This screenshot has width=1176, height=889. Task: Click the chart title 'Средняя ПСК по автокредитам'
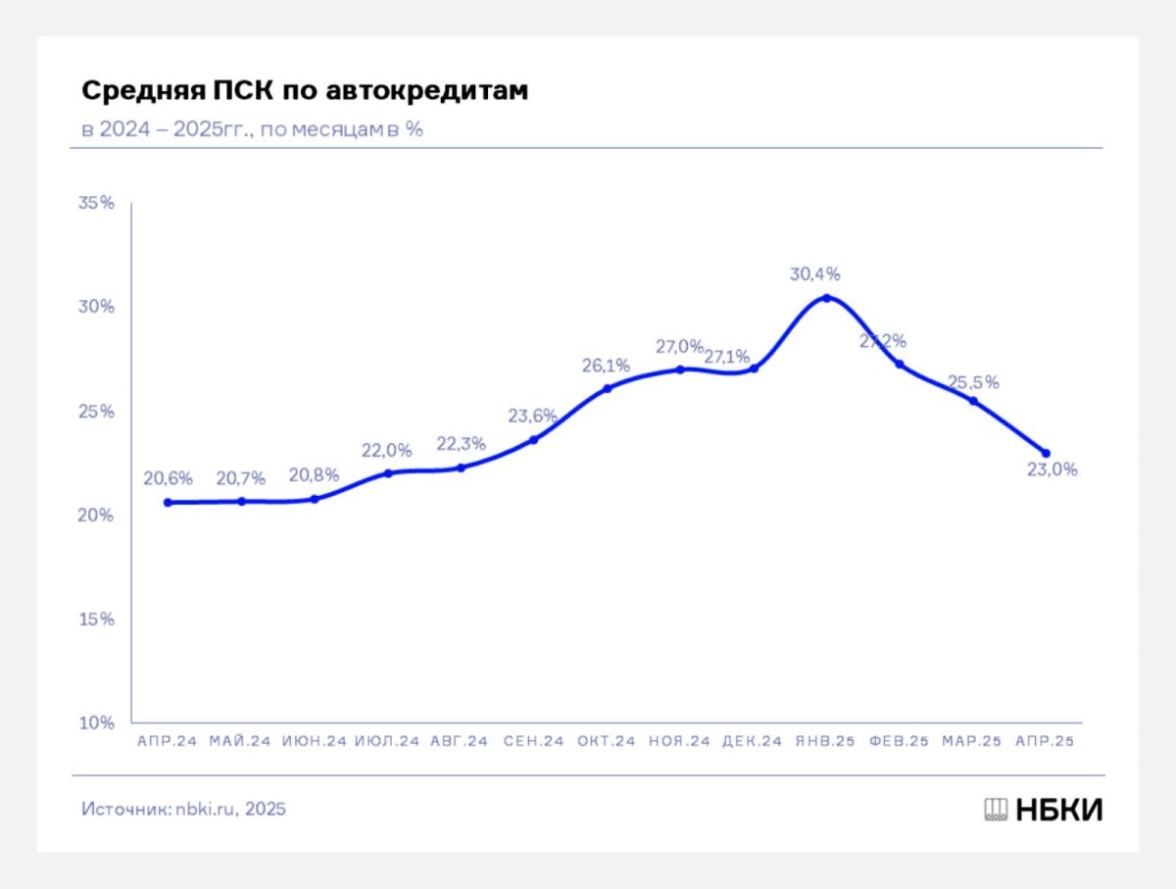[x=304, y=91]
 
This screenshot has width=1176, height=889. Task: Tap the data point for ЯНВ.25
[x=826, y=297]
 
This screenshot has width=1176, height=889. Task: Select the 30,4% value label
[x=815, y=273]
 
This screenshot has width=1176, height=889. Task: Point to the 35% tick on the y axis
[x=97, y=203]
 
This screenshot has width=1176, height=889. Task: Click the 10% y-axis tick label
[x=97, y=723]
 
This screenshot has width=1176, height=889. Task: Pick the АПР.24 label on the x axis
[x=168, y=742]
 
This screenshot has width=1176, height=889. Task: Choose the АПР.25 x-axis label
[x=1046, y=742]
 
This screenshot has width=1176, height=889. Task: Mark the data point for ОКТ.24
[x=607, y=388]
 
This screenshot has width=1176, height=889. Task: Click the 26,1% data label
[x=606, y=366]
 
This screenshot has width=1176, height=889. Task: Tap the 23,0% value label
[x=1052, y=469]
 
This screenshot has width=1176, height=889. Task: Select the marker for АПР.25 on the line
[x=1046, y=453]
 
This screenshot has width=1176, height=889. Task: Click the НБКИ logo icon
[x=996, y=810]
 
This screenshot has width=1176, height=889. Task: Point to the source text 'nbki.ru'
[x=207, y=810]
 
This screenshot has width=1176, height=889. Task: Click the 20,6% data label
[x=168, y=479]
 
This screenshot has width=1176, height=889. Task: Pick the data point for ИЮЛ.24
[x=387, y=472]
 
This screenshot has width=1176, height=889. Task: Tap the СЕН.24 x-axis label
[x=533, y=742]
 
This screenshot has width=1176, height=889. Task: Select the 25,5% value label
[x=973, y=382]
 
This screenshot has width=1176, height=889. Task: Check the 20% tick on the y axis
[x=97, y=516]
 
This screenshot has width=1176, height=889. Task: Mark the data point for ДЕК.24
[x=754, y=368]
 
